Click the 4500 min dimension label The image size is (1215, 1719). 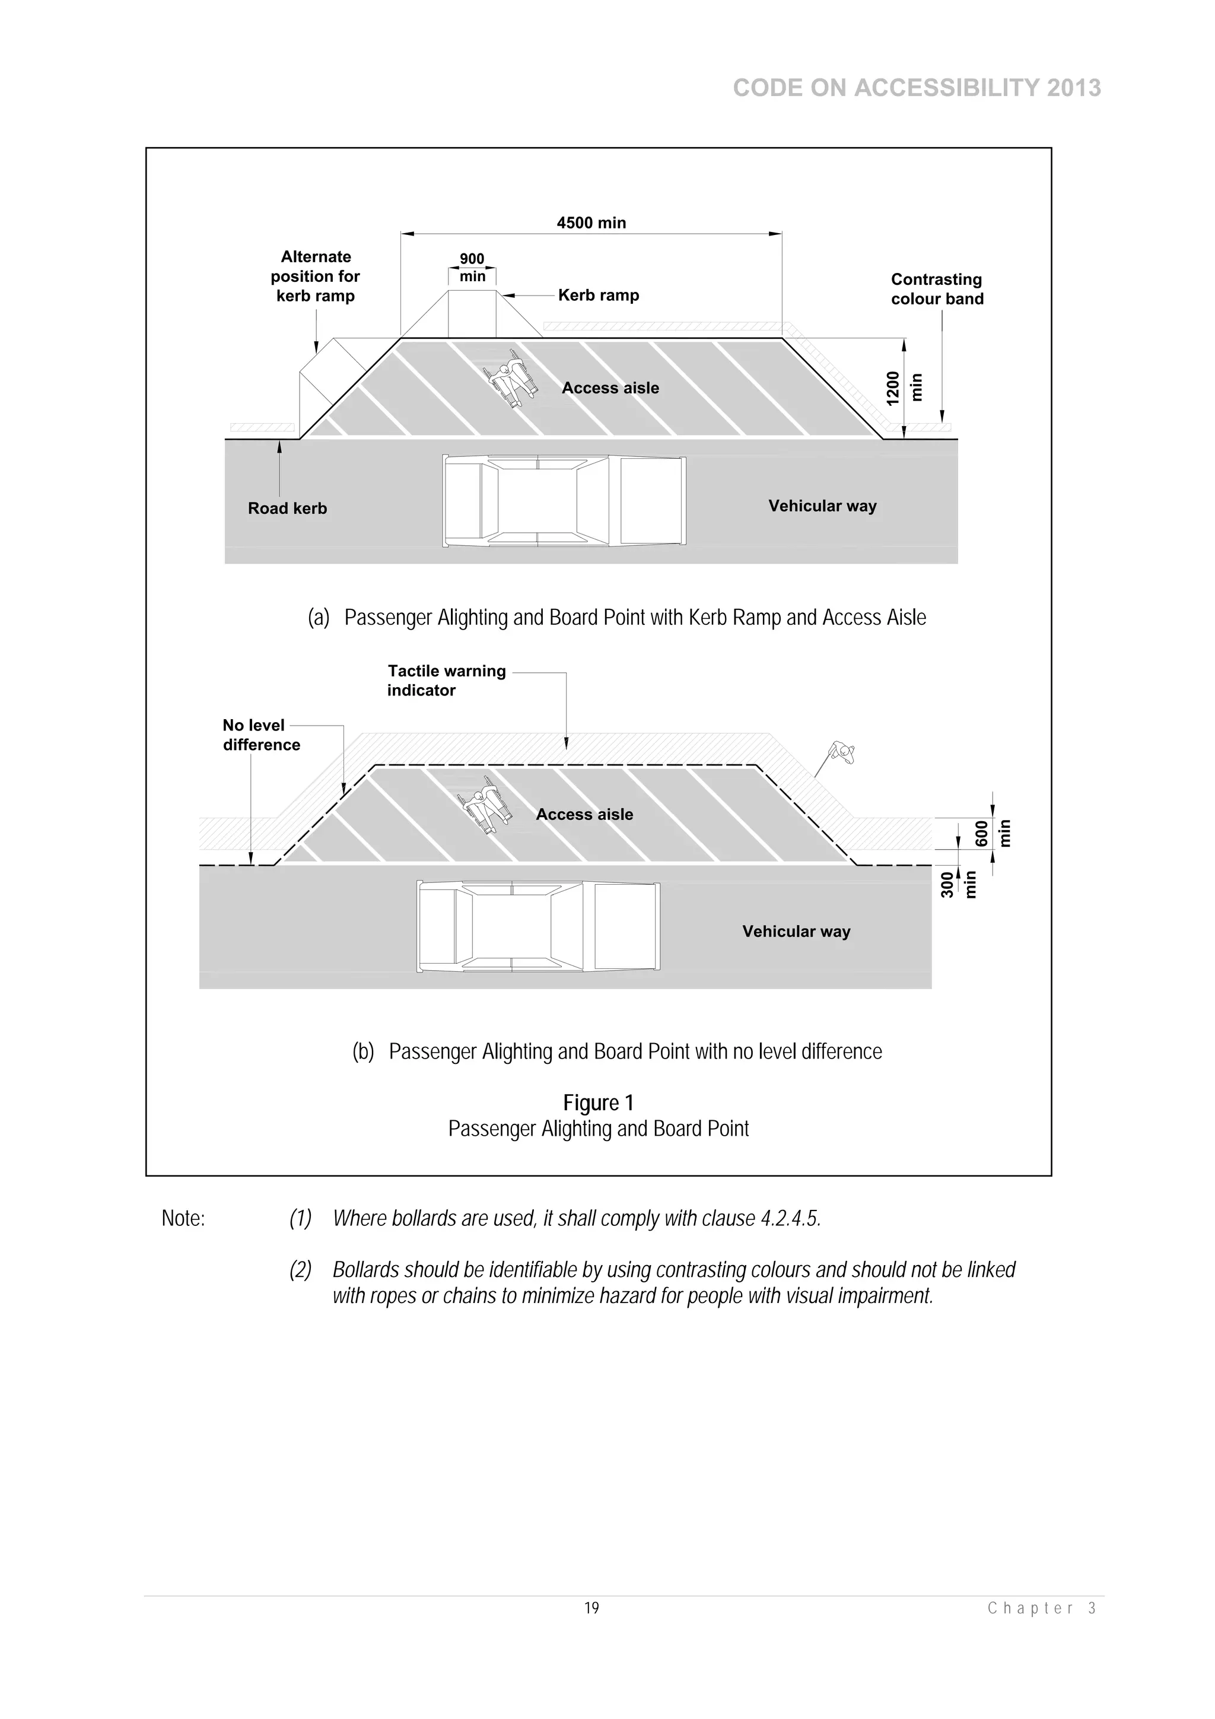click(x=591, y=223)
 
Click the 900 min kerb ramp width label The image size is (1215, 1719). click(x=472, y=267)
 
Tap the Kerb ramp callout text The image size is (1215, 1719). click(x=598, y=295)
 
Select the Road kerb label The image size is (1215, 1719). click(x=288, y=509)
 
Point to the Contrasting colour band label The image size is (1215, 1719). click(x=937, y=289)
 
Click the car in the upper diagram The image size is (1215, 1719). click(x=564, y=501)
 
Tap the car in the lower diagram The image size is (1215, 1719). click(x=538, y=927)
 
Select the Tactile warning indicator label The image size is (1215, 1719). click(x=446, y=681)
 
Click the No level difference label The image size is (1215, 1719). click(x=260, y=735)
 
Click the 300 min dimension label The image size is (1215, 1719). click(x=958, y=884)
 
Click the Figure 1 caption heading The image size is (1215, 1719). click(x=598, y=1103)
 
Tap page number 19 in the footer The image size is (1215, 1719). click(x=591, y=1608)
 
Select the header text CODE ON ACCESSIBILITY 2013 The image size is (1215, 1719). click(x=917, y=88)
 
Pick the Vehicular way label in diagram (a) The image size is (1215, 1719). click(x=822, y=506)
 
